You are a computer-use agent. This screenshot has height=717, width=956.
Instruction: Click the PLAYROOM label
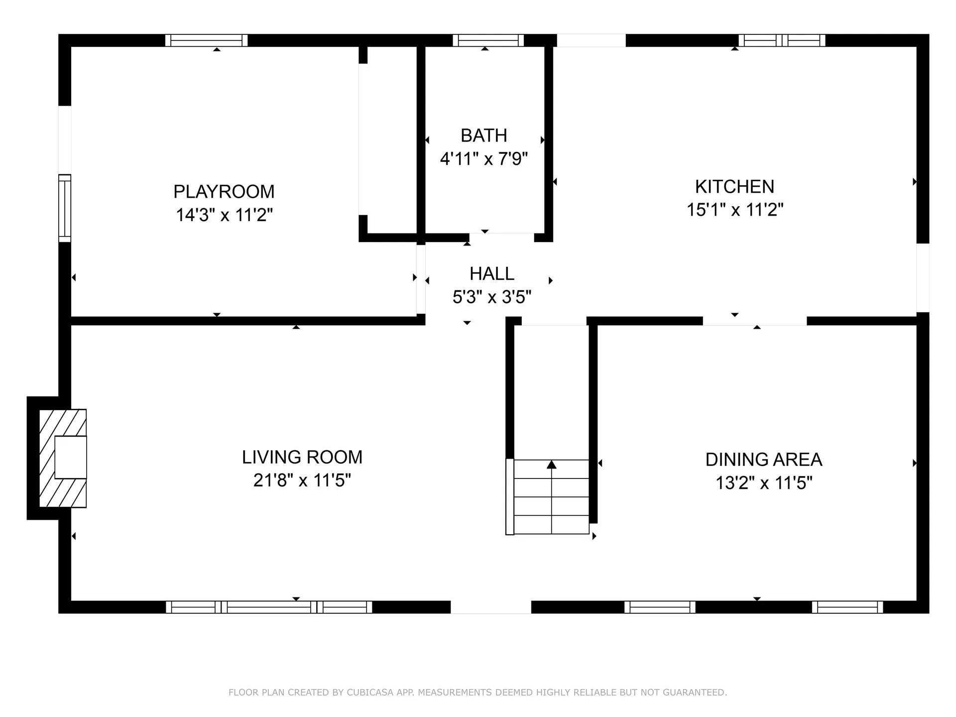[224, 192]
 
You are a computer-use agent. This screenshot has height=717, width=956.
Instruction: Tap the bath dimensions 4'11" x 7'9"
[483, 159]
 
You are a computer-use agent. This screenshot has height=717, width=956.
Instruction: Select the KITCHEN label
[734, 187]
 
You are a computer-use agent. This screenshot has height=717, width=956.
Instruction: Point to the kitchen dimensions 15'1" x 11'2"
[734, 210]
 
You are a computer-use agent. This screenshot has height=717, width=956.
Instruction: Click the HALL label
[491, 274]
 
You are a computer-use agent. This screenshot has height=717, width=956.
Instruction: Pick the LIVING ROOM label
[302, 457]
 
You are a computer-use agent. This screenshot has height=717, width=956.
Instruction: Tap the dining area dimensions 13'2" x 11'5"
[763, 483]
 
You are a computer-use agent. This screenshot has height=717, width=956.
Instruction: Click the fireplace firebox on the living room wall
[70, 457]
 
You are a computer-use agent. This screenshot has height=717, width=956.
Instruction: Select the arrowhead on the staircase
[551, 465]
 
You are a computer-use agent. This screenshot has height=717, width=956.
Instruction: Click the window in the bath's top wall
[488, 40]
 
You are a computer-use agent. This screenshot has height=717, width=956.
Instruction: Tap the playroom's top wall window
[206, 40]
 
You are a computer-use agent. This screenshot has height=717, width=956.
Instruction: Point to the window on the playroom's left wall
[65, 208]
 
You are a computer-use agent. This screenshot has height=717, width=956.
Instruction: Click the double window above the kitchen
[782, 40]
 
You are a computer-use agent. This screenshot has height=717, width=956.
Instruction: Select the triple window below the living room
[269, 607]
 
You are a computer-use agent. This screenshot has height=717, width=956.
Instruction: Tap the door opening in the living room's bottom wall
[490, 607]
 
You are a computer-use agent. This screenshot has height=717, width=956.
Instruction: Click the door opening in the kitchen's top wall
[591, 40]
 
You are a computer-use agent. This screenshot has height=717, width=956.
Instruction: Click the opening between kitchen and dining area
[754, 321]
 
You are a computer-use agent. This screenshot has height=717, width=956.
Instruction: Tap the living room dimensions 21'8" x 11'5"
[302, 480]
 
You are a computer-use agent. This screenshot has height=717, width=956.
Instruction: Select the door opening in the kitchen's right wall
[923, 277]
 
